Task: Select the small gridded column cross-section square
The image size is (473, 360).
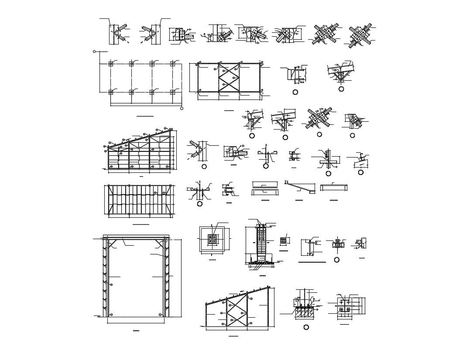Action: [283, 240]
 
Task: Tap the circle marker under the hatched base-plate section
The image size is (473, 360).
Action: [306, 327]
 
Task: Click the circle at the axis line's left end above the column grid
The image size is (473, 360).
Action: [94, 51]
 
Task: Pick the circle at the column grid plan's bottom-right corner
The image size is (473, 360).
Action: [182, 108]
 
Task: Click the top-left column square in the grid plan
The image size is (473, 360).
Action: [111, 64]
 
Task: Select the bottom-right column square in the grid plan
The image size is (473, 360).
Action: [172, 92]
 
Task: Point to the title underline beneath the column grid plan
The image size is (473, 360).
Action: [145, 116]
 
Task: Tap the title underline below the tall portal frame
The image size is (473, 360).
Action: [136, 331]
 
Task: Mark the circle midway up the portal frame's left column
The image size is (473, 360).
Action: [111, 285]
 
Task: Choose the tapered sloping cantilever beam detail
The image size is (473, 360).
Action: [300, 187]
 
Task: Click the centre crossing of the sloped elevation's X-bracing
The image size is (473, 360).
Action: [236, 314]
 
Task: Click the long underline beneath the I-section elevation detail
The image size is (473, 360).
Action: [312, 262]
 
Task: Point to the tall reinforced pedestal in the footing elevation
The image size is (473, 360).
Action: [260, 243]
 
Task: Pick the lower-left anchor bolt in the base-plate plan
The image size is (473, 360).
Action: [341, 309]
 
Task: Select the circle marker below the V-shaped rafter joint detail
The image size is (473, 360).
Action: [341, 89]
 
